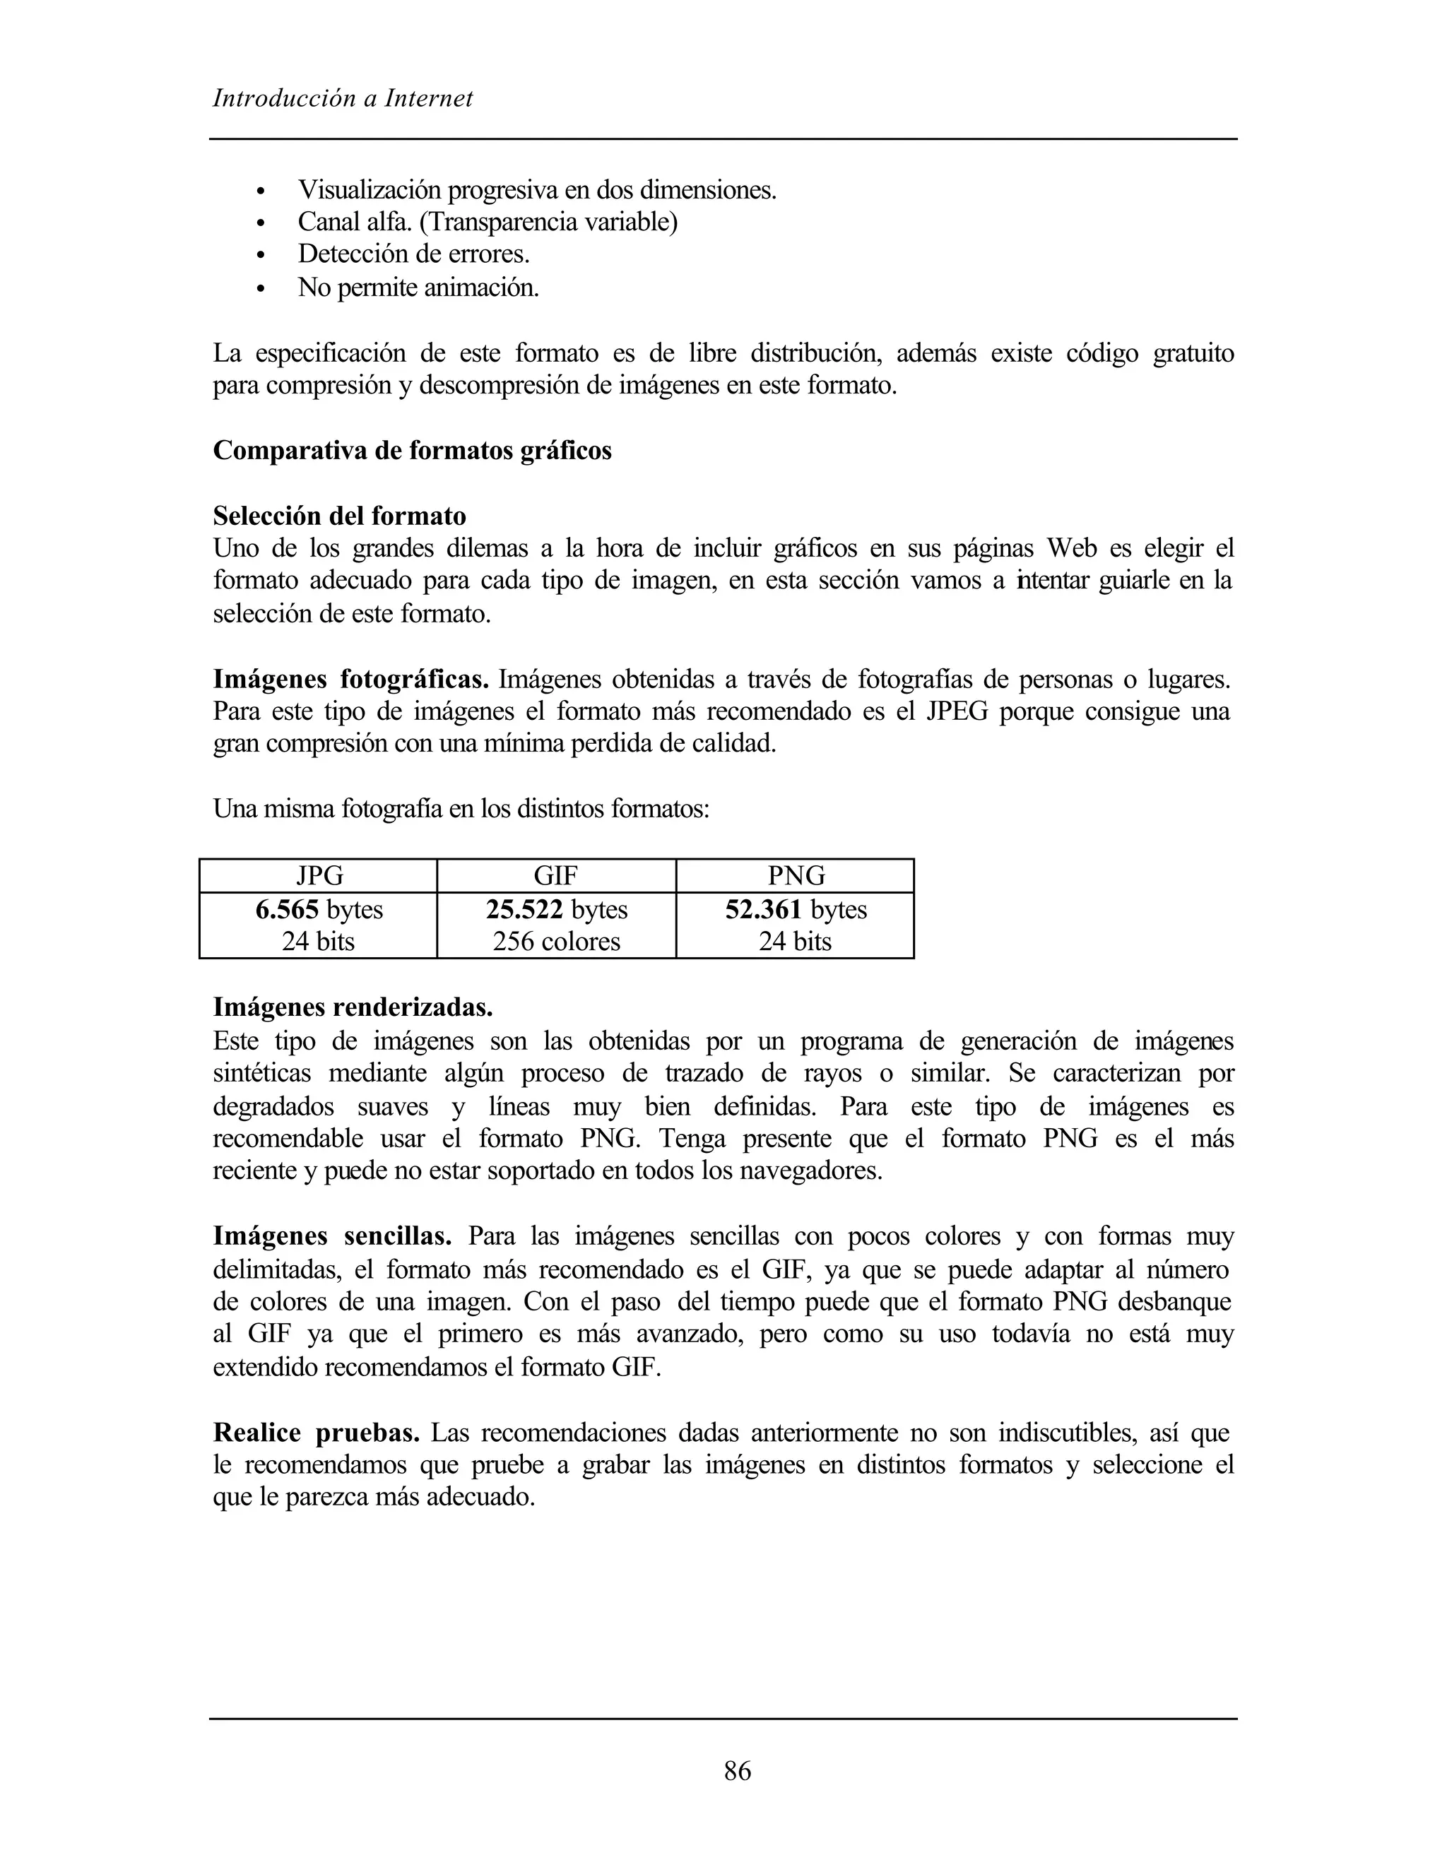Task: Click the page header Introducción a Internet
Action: coord(342,99)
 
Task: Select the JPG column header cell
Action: coord(319,875)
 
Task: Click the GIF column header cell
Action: coord(555,875)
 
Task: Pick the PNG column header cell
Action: coord(796,875)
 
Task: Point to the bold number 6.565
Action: coord(287,908)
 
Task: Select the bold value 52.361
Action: coord(764,908)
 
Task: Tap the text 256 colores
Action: coord(555,941)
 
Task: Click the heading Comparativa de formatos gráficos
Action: coord(413,451)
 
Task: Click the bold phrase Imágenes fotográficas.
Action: coord(350,680)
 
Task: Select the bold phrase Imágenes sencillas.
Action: coord(333,1236)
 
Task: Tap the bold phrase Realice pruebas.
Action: coord(317,1433)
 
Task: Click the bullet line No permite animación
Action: coord(418,288)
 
